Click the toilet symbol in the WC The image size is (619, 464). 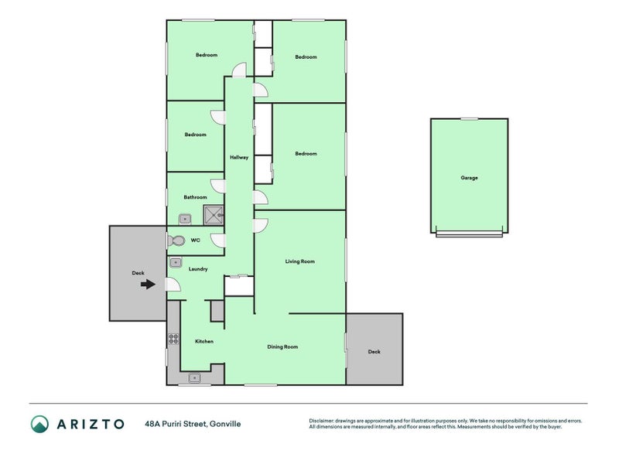(x=176, y=241)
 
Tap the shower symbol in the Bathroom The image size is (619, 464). (x=214, y=215)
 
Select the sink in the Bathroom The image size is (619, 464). (x=185, y=219)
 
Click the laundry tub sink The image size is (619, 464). (x=176, y=262)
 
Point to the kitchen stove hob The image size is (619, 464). (x=173, y=339)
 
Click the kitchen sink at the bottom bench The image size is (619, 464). (x=194, y=378)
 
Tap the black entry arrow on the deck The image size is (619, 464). (x=148, y=284)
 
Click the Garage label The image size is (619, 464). (x=469, y=178)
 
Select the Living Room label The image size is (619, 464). (x=300, y=261)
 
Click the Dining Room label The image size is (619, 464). (x=282, y=346)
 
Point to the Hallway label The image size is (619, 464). (x=239, y=158)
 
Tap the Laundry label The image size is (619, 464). (x=198, y=269)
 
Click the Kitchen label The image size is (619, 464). (x=204, y=341)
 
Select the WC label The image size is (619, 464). (x=196, y=241)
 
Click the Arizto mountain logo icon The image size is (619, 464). (x=39, y=424)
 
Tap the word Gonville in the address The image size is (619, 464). (x=225, y=424)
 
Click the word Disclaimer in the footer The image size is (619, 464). (x=322, y=421)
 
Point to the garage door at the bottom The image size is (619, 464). (x=469, y=234)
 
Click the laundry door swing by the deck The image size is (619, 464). (x=173, y=285)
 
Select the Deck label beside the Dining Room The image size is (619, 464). (x=374, y=352)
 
